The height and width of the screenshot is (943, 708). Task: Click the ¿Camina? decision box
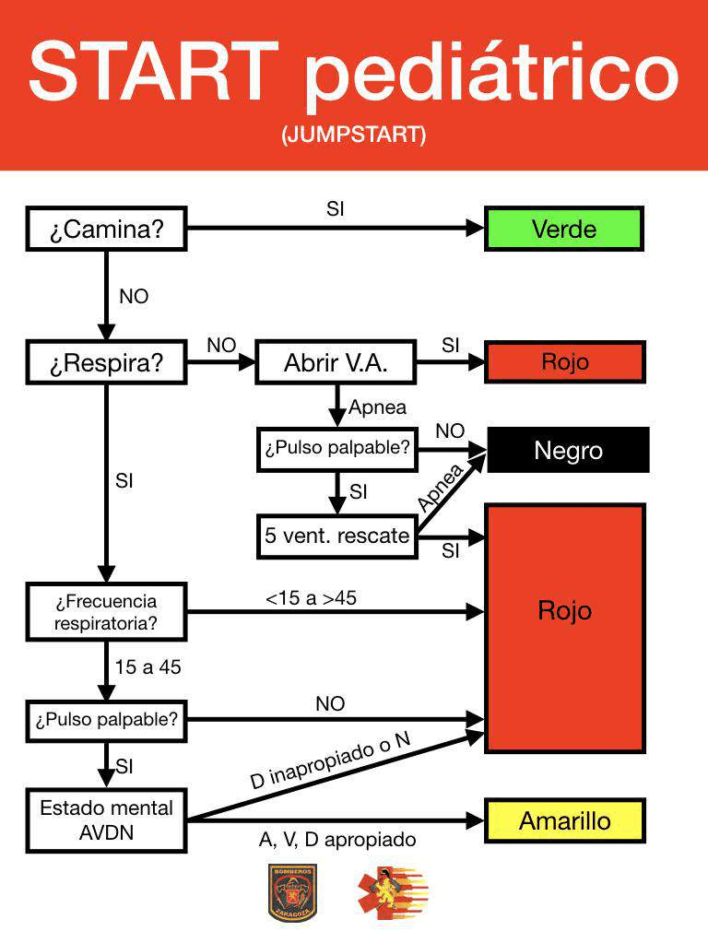tap(106, 230)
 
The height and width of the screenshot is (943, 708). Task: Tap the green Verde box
tap(563, 230)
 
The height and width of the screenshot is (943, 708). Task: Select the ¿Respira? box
tap(106, 363)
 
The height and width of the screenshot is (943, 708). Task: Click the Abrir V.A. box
tap(335, 363)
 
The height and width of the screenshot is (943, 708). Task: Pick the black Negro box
tap(568, 450)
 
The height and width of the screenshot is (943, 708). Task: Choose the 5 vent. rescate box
tap(336, 536)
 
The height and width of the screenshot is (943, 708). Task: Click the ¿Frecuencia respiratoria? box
tap(106, 612)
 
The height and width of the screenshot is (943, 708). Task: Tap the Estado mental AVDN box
tap(106, 819)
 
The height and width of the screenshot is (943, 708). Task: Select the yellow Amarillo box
tap(564, 820)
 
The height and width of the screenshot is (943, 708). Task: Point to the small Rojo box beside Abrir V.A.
tap(564, 362)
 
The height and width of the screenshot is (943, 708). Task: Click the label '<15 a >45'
tap(311, 598)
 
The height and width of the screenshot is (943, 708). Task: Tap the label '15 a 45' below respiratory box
tap(148, 667)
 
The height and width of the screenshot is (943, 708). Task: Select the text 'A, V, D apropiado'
tap(337, 840)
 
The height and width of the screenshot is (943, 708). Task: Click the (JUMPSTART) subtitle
tap(354, 136)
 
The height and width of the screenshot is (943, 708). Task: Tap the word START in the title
tap(153, 71)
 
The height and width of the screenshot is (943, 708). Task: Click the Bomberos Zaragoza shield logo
tap(292, 891)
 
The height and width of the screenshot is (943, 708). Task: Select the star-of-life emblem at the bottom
tap(392, 891)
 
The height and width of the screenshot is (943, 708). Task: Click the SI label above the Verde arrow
tap(336, 209)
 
